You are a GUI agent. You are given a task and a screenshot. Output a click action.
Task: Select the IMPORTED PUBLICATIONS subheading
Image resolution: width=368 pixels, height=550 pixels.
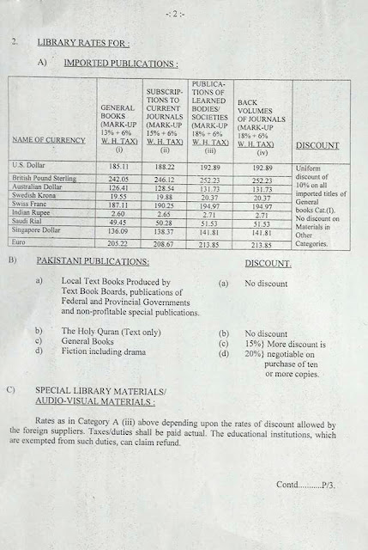(x=116, y=63)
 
